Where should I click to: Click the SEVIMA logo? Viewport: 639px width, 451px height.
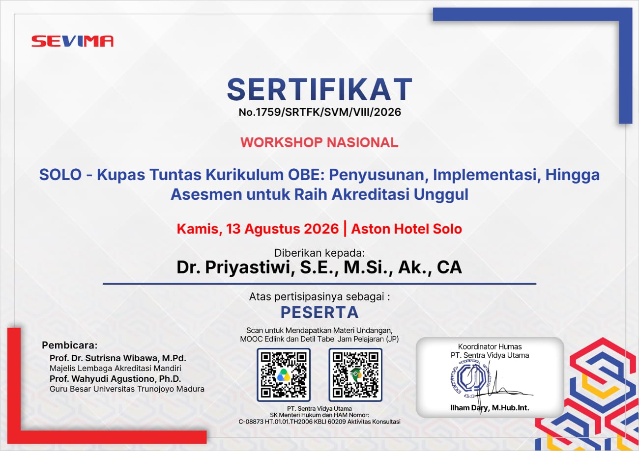point(72,41)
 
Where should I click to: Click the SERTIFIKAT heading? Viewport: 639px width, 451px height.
point(319,90)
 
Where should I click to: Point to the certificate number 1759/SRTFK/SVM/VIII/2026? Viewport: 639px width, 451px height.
point(328,112)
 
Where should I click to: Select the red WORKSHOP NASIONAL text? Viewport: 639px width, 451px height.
point(319,142)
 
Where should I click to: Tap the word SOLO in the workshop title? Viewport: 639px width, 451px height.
point(60,175)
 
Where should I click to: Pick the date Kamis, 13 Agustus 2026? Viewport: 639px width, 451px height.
point(258,229)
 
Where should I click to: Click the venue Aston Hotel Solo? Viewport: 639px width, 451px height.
point(407,229)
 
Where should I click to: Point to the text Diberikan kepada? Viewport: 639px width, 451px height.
point(319,253)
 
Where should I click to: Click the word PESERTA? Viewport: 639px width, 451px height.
point(319,312)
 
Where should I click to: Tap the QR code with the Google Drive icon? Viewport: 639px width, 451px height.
point(284,375)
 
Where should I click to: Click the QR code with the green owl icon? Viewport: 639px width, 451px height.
point(355,375)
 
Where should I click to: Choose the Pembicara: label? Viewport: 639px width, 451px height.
point(70,345)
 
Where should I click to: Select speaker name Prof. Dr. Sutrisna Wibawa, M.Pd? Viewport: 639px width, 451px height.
point(118,358)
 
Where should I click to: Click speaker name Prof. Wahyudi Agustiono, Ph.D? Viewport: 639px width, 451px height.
point(115,379)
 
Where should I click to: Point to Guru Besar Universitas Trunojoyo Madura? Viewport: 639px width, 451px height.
point(127,389)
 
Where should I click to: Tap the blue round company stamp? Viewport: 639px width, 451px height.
point(472,378)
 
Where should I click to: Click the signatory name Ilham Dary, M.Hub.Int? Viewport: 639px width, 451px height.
point(490,408)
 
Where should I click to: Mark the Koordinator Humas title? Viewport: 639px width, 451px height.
point(490,346)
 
